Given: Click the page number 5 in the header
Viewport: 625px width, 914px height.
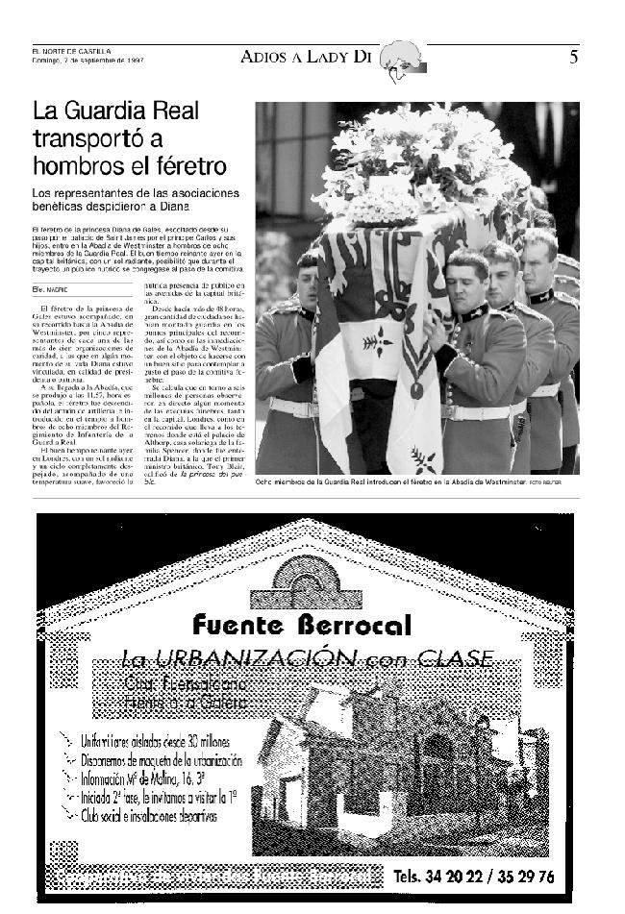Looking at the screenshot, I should coord(573,57).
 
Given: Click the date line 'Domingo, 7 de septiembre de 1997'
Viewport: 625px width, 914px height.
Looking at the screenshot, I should coord(87,60).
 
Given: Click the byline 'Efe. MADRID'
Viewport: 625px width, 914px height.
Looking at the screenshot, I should coord(49,288).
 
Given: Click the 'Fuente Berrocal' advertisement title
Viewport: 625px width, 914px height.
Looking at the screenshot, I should coord(302,625).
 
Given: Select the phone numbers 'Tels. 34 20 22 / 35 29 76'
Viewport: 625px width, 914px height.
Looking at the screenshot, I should coord(473,877).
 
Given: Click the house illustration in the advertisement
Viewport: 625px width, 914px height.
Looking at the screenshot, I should coord(385,759).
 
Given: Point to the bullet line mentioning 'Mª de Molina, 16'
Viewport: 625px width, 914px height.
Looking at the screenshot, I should coord(160,778).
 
